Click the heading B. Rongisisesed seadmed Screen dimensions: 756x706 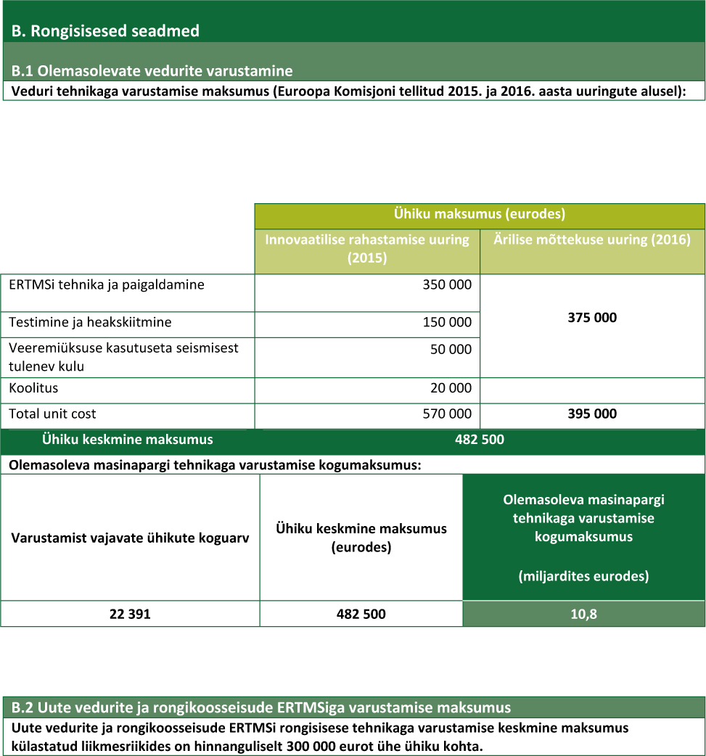(105, 31)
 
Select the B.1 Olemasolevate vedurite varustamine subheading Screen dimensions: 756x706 (152, 71)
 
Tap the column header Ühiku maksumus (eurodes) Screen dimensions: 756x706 (479, 214)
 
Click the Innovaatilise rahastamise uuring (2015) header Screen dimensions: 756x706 (367, 248)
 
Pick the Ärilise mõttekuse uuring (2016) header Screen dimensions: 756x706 (592, 240)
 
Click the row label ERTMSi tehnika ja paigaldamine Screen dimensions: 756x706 (107, 285)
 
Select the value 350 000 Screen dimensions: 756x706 (447, 285)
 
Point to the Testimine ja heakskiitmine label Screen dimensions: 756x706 (90, 322)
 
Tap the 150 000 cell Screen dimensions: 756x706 (447, 322)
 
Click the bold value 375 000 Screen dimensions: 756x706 (592, 318)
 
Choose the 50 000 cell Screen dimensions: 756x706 (451, 349)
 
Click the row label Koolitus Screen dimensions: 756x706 (33, 388)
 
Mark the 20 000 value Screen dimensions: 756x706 (451, 388)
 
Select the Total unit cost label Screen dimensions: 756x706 (52, 414)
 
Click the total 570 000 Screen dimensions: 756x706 (447, 414)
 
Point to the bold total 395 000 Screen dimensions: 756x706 (592, 414)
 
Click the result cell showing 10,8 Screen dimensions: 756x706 (583, 614)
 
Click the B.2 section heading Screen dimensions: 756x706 (261, 707)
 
